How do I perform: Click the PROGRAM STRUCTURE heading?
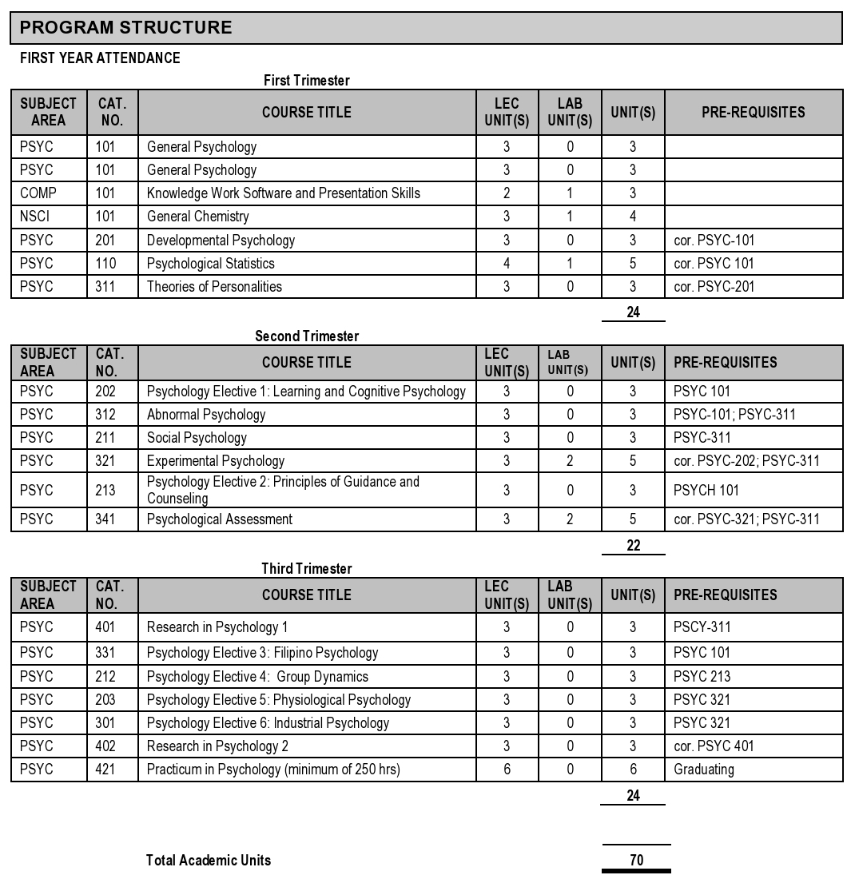(x=125, y=28)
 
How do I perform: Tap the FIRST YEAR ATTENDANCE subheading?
(x=100, y=58)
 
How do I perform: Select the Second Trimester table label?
(x=307, y=336)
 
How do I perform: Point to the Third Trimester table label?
(x=307, y=569)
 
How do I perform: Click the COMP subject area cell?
(x=38, y=193)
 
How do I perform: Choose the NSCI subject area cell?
(x=35, y=217)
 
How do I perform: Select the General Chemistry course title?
(x=197, y=217)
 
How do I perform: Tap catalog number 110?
(x=105, y=264)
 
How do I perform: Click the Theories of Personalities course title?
(x=214, y=287)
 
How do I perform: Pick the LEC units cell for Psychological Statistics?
(x=507, y=264)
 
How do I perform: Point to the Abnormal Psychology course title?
(x=206, y=415)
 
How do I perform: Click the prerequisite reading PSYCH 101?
(x=706, y=491)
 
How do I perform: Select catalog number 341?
(x=105, y=519)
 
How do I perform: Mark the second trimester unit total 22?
(x=633, y=547)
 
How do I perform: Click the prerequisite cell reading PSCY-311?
(x=702, y=627)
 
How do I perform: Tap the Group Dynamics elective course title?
(x=257, y=677)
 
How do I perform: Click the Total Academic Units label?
(x=209, y=861)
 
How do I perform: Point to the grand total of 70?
(x=636, y=861)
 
